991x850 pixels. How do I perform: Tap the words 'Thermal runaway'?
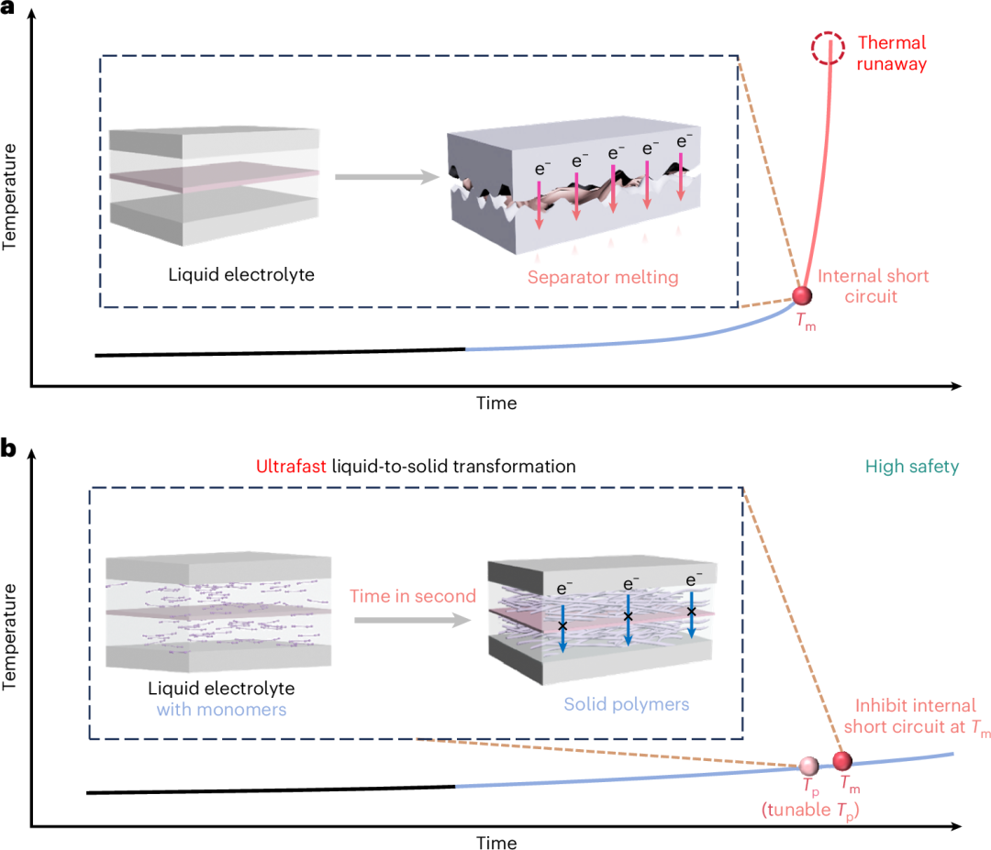point(892,53)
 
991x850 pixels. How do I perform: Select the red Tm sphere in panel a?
point(802,295)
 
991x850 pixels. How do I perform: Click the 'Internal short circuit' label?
point(873,286)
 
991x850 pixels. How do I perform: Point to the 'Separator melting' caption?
point(603,277)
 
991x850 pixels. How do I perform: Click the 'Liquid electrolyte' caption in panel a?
point(241,275)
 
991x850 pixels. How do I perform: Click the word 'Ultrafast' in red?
point(291,466)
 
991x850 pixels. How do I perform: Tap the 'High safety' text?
point(912,467)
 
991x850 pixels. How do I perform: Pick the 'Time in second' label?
point(413,596)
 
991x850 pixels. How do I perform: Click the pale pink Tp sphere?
point(809,766)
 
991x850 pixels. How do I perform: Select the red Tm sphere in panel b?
point(841,761)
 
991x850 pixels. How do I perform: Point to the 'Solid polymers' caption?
point(627,704)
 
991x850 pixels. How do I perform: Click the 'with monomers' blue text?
point(221,710)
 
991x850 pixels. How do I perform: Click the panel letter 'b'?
point(8,447)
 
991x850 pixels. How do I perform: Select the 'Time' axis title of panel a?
point(496,403)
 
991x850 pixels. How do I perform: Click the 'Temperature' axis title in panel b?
point(9,636)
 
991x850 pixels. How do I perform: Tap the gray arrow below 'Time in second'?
point(413,620)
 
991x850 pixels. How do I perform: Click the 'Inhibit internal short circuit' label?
point(917,716)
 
